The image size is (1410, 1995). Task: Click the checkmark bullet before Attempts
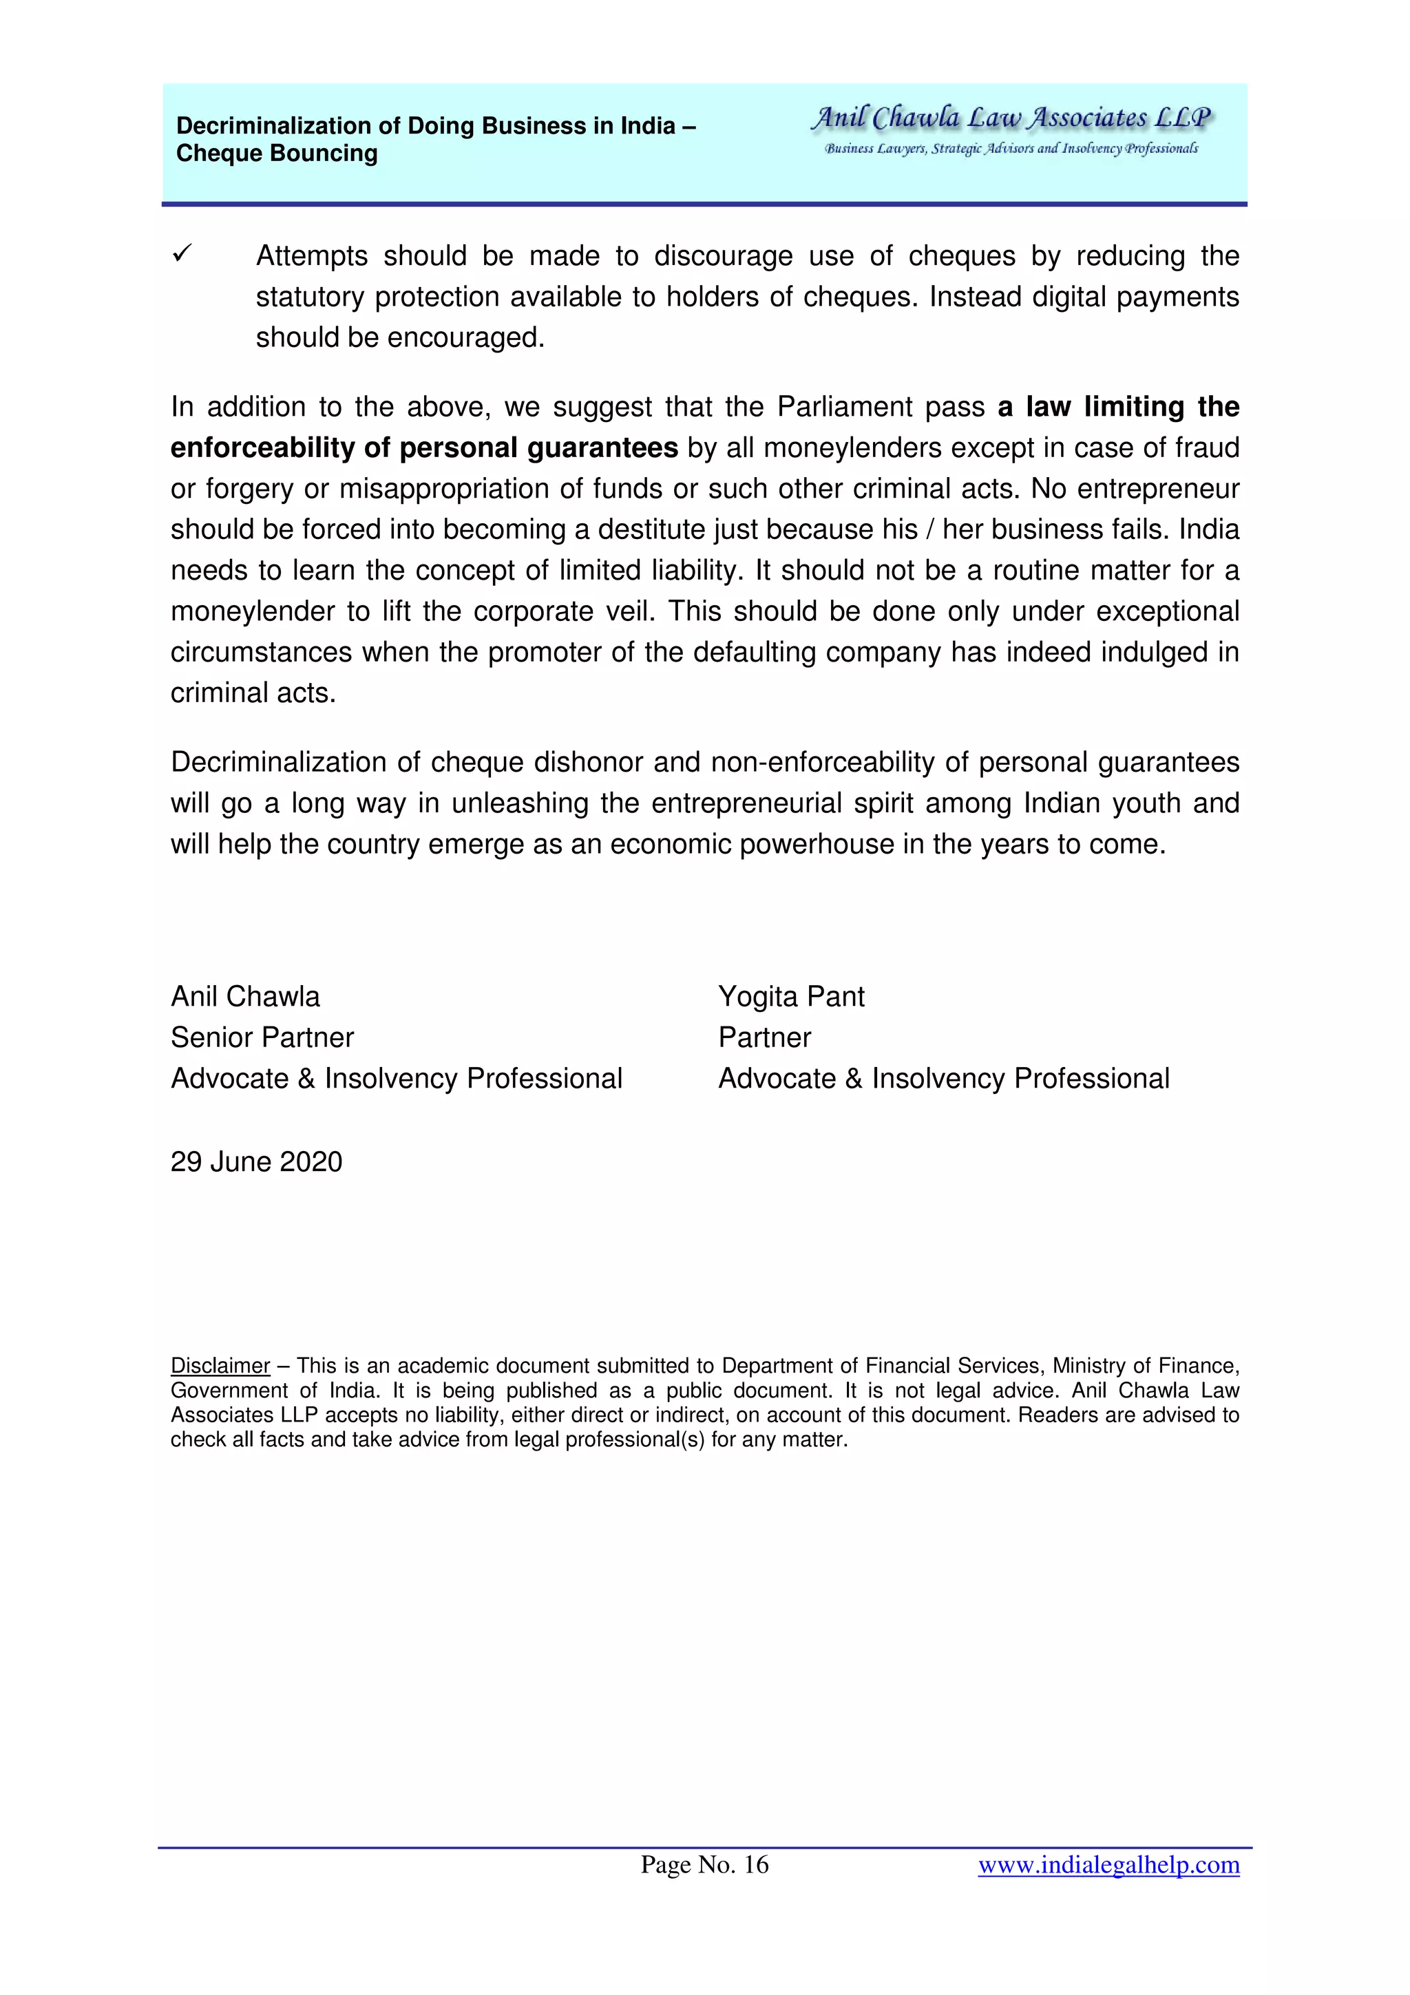pyautogui.click(x=182, y=254)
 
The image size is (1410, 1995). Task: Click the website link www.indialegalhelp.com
pyautogui.click(x=1108, y=1865)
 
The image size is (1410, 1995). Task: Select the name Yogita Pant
pyautogui.click(x=790, y=997)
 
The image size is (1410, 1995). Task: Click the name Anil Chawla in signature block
pyautogui.click(x=245, y=997)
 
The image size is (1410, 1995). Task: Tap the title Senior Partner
pyautogui.click(x=262, y=1037)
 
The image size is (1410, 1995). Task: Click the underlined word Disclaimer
pyautogui.click(x=220, y=1366)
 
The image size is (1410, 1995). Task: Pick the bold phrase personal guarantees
pyautogui.click(x=538, y=448)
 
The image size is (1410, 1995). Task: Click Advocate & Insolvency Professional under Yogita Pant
pyautogui.click(x=943, y=1078)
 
